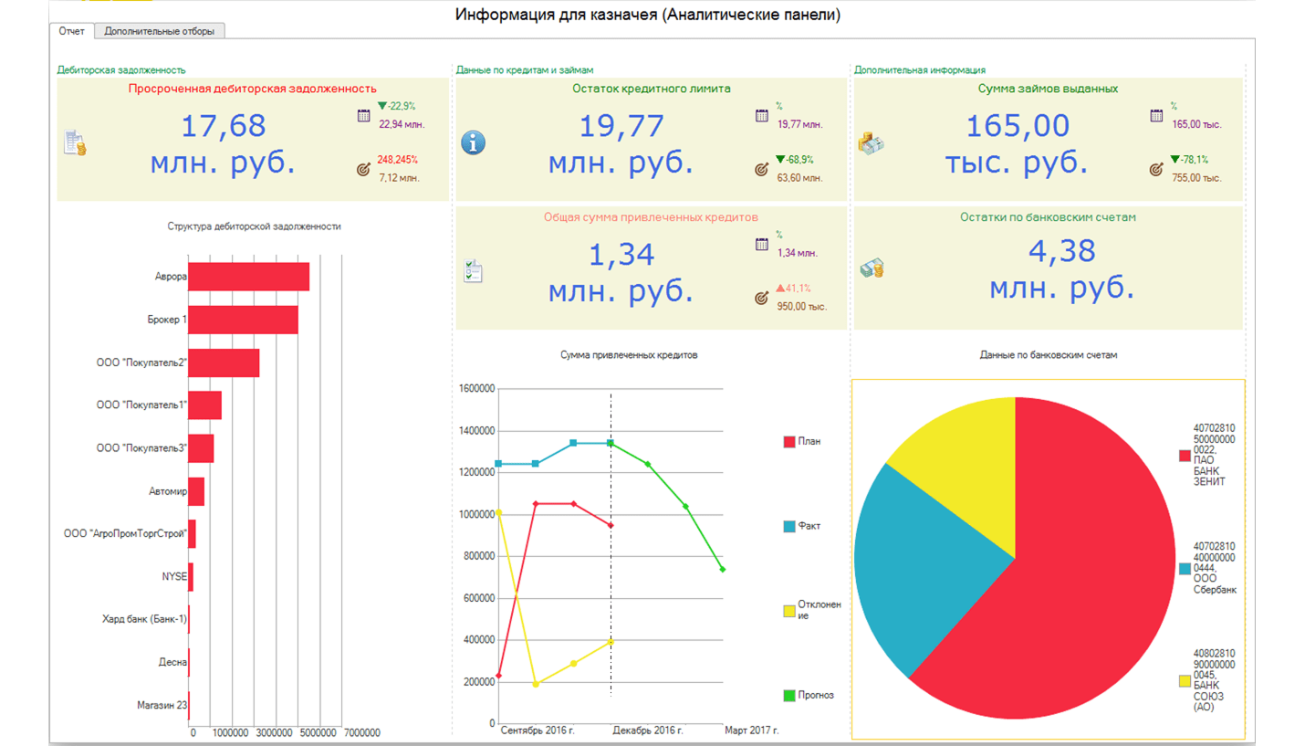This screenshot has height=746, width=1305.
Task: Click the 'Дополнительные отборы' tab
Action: point(159,31)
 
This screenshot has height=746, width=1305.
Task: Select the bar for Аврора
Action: point(249,277)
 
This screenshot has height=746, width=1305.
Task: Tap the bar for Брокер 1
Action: point(243,320)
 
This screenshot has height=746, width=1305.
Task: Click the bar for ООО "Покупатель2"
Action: point(224,362)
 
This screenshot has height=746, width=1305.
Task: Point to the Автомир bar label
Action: point(168,491)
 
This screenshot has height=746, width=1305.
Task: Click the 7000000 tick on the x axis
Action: point(361,732)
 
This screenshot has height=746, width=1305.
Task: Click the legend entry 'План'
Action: point(802,442)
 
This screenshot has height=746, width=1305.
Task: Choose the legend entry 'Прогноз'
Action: point(809,695)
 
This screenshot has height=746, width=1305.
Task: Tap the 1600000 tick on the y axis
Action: point(476,389)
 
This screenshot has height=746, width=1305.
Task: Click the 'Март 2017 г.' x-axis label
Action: point(752,730)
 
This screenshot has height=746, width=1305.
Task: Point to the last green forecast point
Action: point(723,570)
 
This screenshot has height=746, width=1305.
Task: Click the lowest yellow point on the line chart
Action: point(536,684)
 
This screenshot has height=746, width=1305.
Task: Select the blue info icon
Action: point(473,142)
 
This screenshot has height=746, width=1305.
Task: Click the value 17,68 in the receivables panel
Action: point(224,126)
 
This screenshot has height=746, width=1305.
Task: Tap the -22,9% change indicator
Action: point(397,106)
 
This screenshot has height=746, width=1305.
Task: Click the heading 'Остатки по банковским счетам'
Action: point(1048,217)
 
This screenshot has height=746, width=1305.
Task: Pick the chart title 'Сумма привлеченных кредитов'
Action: point(629,355)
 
